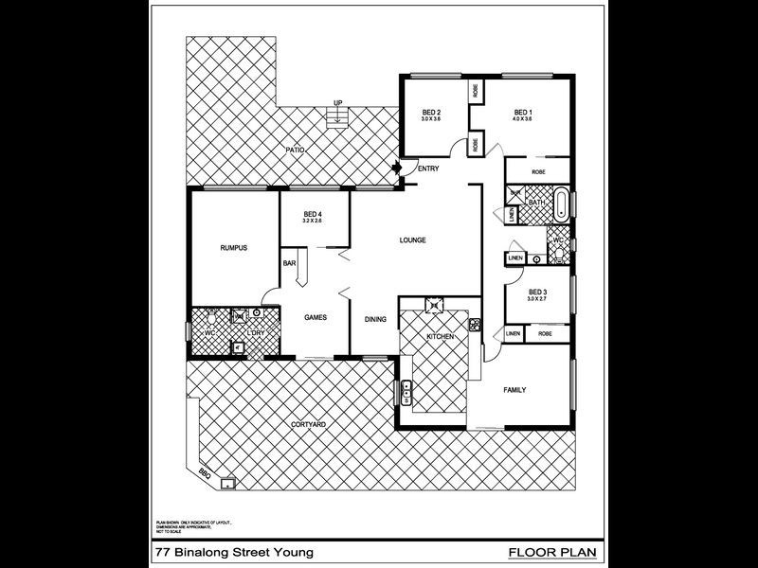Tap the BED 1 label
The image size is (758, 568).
[x=523, y=112]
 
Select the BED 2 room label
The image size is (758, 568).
[x=432, y=112]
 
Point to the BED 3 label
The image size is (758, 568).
[x=537, y=292]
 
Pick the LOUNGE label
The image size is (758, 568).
[x=412, y=240]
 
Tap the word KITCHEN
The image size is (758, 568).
[x=441, y=337]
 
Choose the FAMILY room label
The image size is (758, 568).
[x=514, y=390]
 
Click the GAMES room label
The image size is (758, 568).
[x=316, y=318]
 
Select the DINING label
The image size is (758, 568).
[x=375, y=319]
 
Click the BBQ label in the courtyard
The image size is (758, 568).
[x=204, y=472]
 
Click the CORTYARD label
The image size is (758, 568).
[x=309, y=424]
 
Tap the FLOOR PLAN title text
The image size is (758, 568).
[x=552, y=550]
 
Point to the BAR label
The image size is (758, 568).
[x=288, y=263]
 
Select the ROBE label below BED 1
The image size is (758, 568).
[x=537, y=172]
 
